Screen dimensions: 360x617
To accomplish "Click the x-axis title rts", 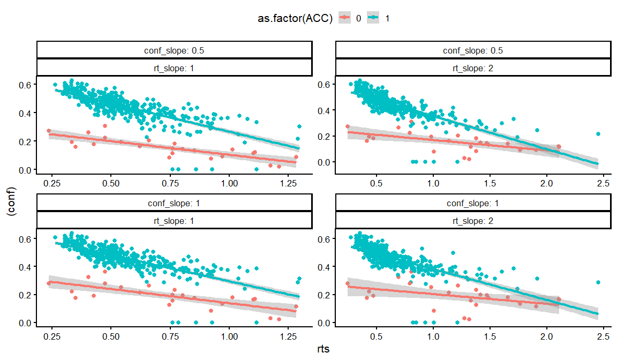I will click(323, 349).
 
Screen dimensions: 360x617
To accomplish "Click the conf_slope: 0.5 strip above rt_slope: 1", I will click(174, 50).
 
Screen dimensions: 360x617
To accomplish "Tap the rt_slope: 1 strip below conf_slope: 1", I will click(174, 220).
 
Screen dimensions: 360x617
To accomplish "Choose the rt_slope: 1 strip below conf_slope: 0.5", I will click(174, 67).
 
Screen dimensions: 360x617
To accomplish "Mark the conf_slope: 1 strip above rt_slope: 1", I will click(174, 204).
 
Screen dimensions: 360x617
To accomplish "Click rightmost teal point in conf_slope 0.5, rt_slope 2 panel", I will click(598, 134).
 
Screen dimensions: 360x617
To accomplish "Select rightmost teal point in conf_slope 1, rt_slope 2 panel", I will click(598, 282).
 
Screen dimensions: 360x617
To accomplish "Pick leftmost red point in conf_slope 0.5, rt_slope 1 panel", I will click(49, 131).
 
